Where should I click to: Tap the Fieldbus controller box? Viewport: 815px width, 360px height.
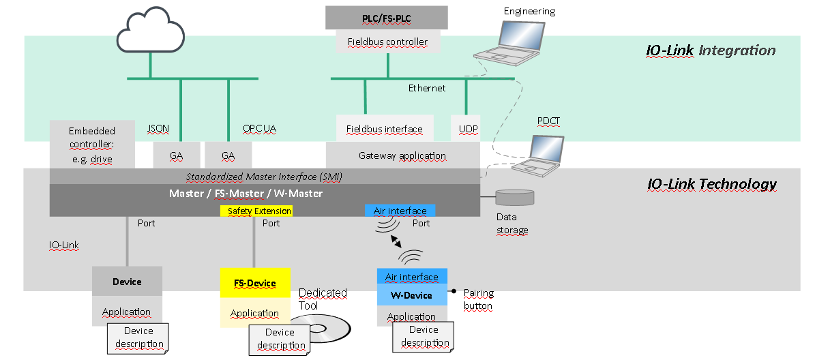pyautogui.click(x=387, y=42)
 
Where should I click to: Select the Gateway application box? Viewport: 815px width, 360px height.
pyautogui.click(x=402, y=155)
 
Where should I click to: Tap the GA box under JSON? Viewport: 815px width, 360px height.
pyautogui.click(x=177, y=155)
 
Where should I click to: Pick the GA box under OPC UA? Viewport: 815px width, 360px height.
pyautogui.click(x=228, y=155)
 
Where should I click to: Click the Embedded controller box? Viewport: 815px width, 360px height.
pyautogui.click(x=92, y=145)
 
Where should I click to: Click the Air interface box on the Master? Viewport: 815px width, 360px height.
pyautogui.click(x=400, y=211)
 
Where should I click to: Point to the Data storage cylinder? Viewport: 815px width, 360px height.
pyautogui.click(x=515, y=198)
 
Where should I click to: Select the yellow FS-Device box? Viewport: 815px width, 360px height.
pyautogui.click(x=255, y=282)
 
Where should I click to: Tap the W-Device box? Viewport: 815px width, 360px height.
pyautogui.click(x=412, y=295)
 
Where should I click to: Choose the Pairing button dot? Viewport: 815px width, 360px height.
pyautogui.click(x=454, y=291)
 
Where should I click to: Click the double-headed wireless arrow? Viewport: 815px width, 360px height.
pyautogui.click(x=396, y=240)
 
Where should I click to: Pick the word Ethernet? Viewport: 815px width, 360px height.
pyautogui.click(x=427, y=88)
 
